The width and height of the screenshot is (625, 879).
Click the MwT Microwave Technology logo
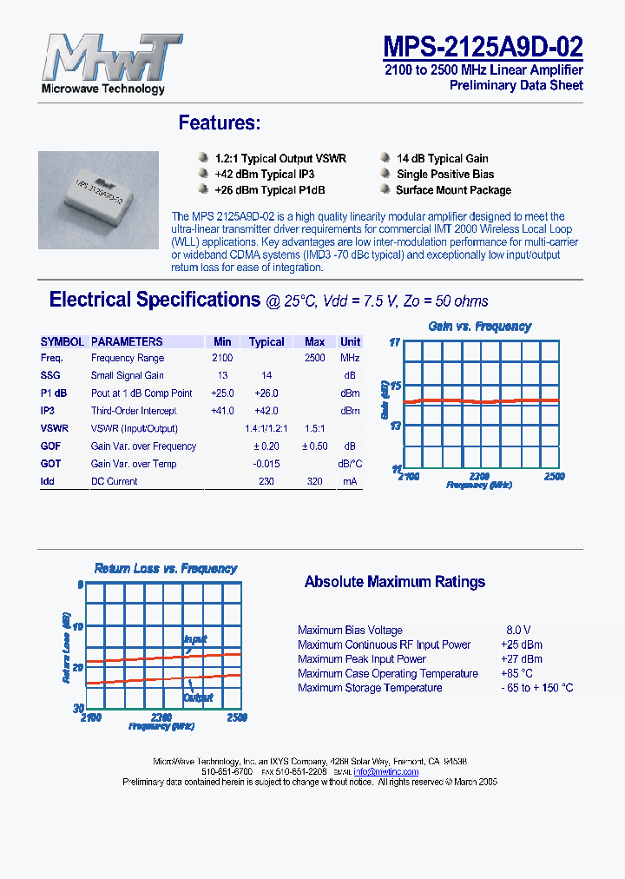point(103,63)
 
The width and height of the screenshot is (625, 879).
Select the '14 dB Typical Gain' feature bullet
point(442,159)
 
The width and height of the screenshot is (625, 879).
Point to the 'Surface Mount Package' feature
point(453,190)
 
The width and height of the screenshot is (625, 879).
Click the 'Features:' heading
point(219,123)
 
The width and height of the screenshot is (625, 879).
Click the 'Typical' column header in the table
point(266,341)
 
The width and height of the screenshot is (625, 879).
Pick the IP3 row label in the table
point(48,411)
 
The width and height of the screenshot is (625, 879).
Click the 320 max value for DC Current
point(314,481)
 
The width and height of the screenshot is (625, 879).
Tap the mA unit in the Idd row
point(350,481)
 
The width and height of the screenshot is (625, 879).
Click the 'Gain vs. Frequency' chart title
point(479,327)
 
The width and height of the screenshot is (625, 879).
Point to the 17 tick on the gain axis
point(394,342)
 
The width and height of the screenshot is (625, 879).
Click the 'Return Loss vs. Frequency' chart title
point(165,569)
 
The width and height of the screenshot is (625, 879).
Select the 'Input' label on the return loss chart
point(195,639)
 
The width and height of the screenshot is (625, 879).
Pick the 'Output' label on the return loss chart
point(198,697)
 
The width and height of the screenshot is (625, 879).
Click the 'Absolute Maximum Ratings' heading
point(394,582)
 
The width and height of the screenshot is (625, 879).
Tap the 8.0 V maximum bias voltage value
point(518,630)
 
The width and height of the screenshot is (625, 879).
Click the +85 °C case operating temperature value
point(516,673)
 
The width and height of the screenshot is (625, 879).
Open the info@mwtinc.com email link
point(386,771)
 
